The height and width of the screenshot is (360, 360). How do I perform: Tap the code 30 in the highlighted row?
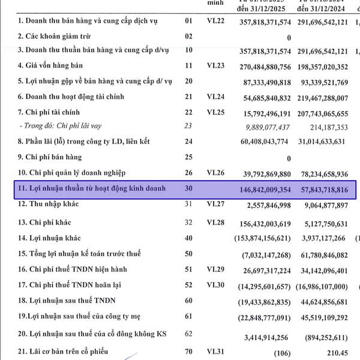click(189, 188)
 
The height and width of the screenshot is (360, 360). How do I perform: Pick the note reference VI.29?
click(215, 269)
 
